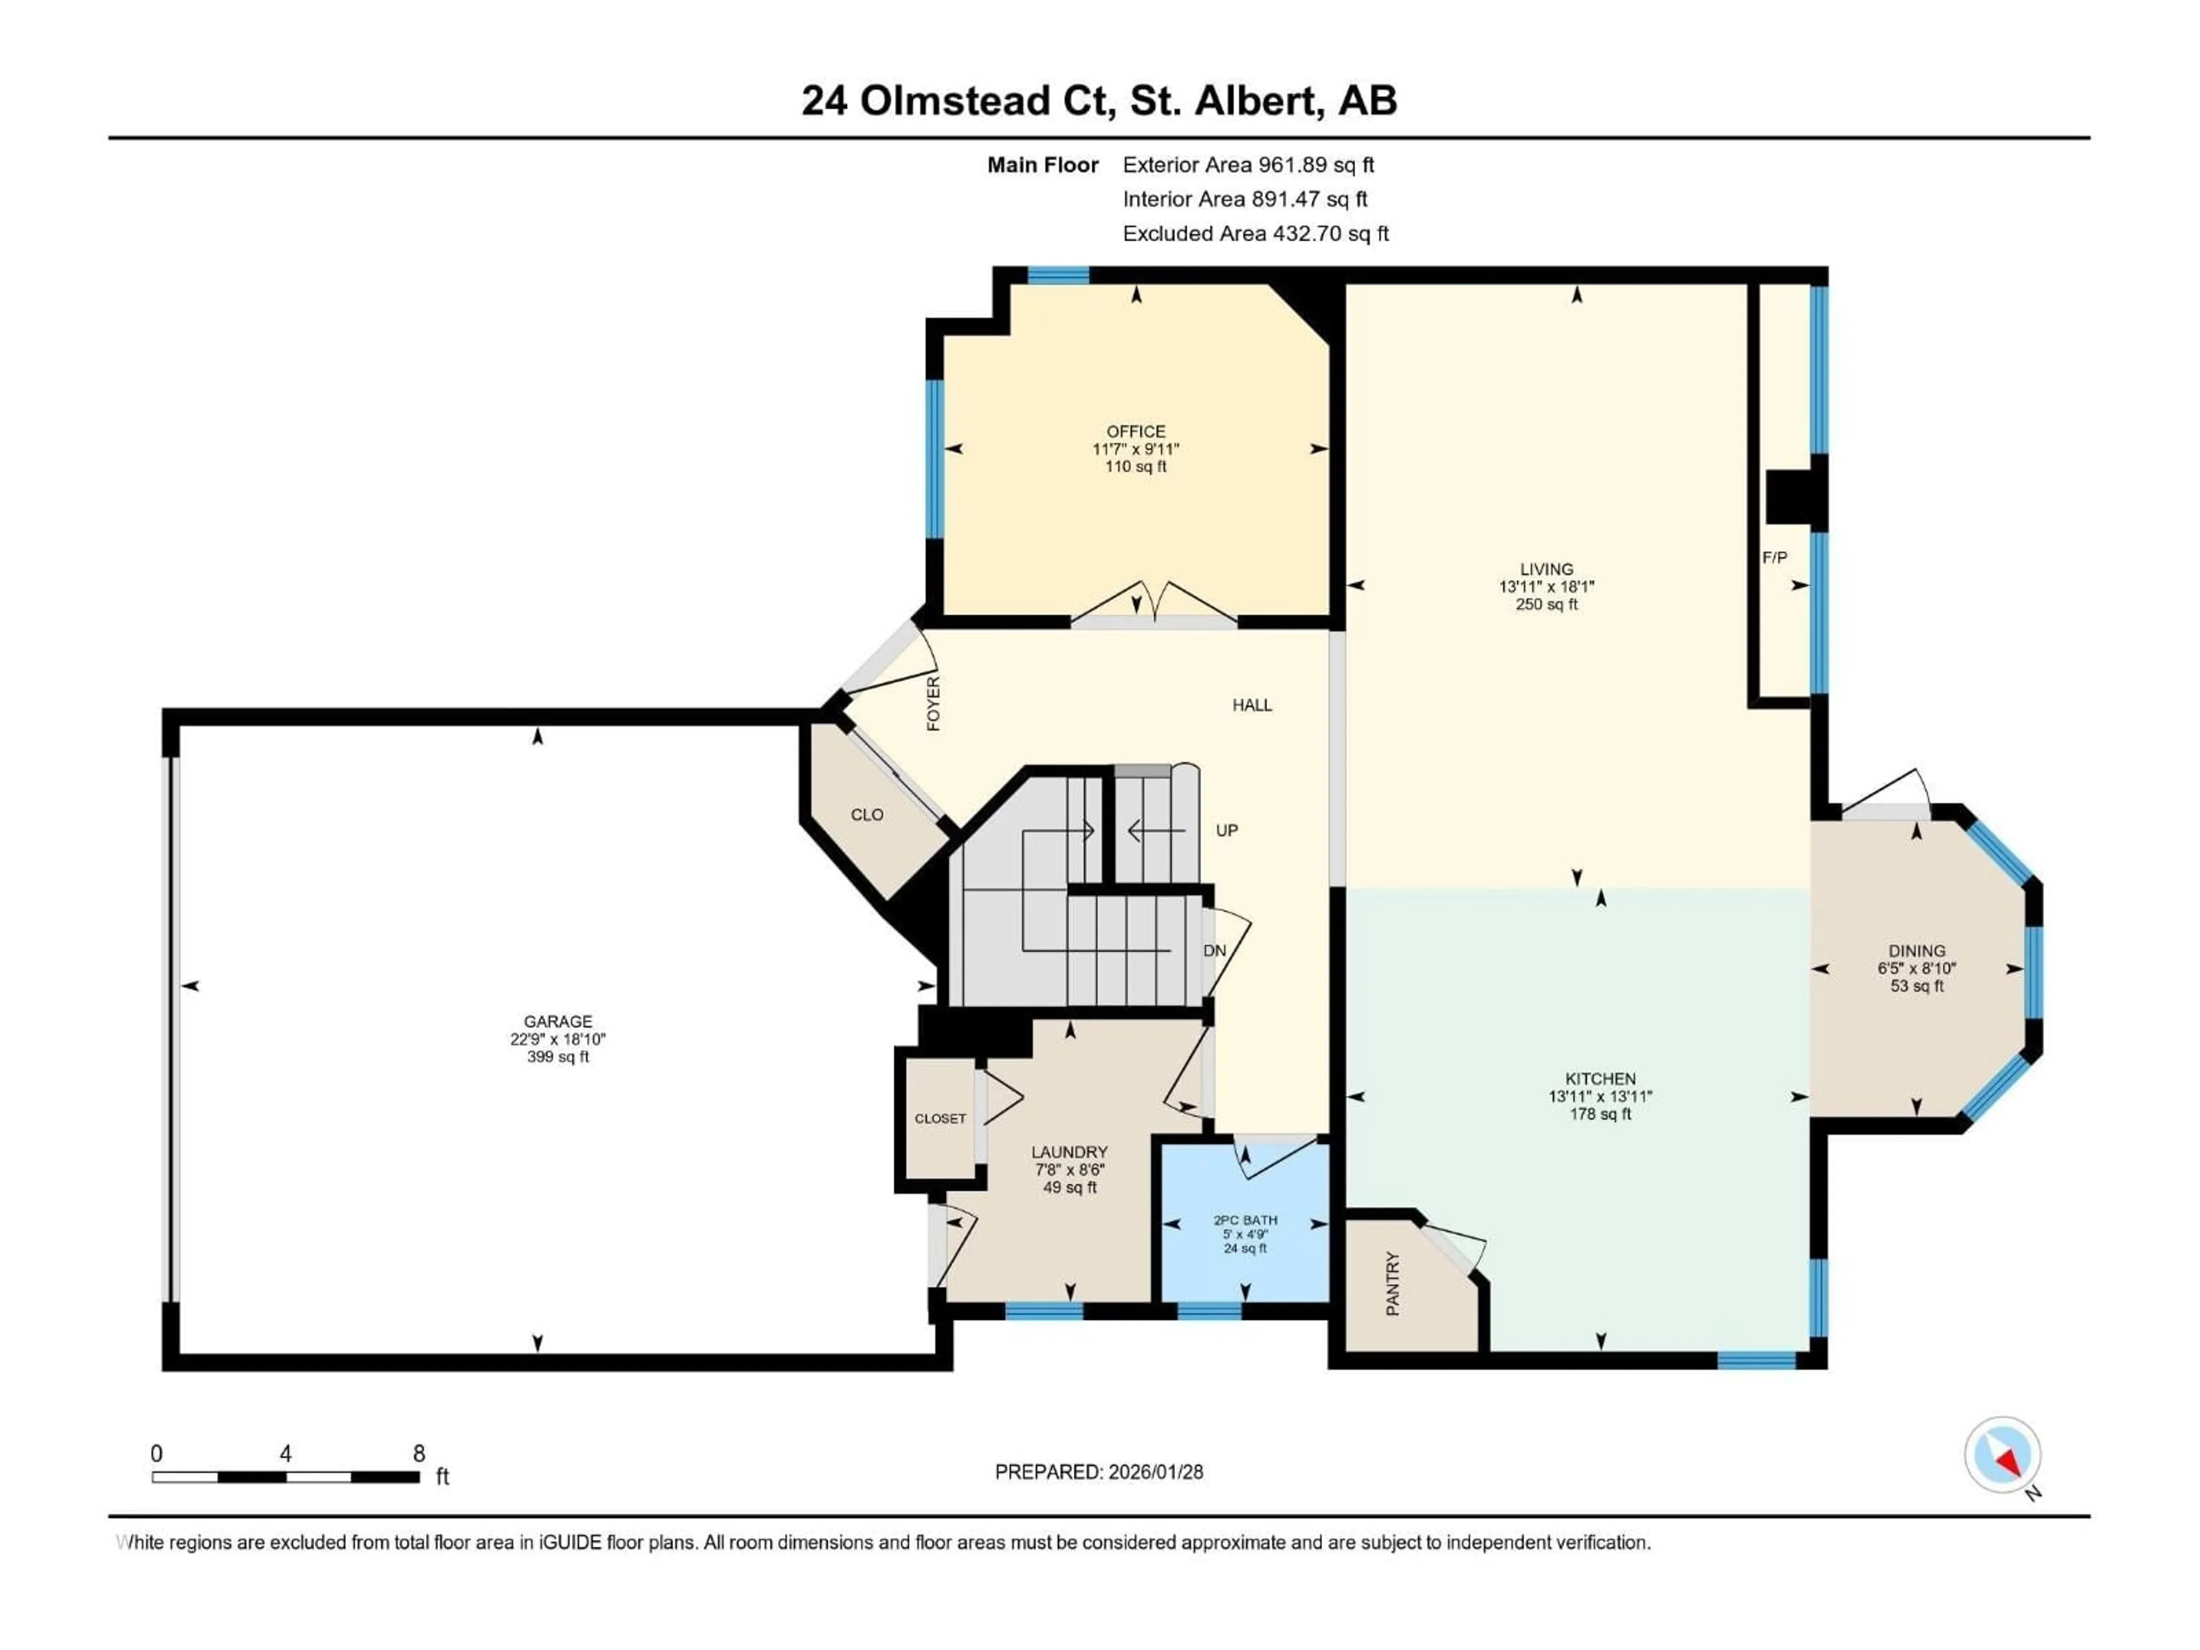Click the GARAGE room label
558,1022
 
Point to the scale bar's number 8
419,1453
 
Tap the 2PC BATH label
1245,1220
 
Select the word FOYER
933,703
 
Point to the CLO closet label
866,815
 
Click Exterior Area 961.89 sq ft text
1248,165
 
